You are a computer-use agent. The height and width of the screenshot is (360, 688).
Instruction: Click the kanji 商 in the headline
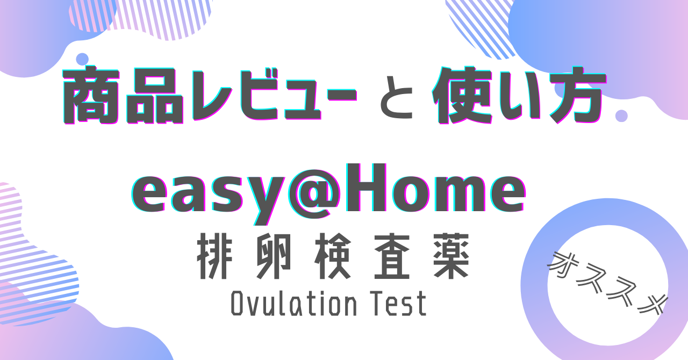91,95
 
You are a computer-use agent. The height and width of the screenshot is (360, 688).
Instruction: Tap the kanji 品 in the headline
155,95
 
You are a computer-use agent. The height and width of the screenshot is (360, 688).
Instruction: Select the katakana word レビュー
274,96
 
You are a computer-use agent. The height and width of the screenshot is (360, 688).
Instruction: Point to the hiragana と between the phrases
397,97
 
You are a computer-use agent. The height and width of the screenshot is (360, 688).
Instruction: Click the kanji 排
214,256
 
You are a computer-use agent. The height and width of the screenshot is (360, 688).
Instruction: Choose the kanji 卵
273,256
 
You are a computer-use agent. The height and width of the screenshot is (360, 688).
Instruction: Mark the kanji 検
333,256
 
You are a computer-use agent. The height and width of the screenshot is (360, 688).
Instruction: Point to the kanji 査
392,256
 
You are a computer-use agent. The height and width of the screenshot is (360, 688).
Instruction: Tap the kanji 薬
451,256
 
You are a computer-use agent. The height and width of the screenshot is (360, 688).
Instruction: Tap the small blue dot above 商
82,59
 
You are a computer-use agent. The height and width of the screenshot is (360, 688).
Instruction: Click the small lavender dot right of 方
621,116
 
